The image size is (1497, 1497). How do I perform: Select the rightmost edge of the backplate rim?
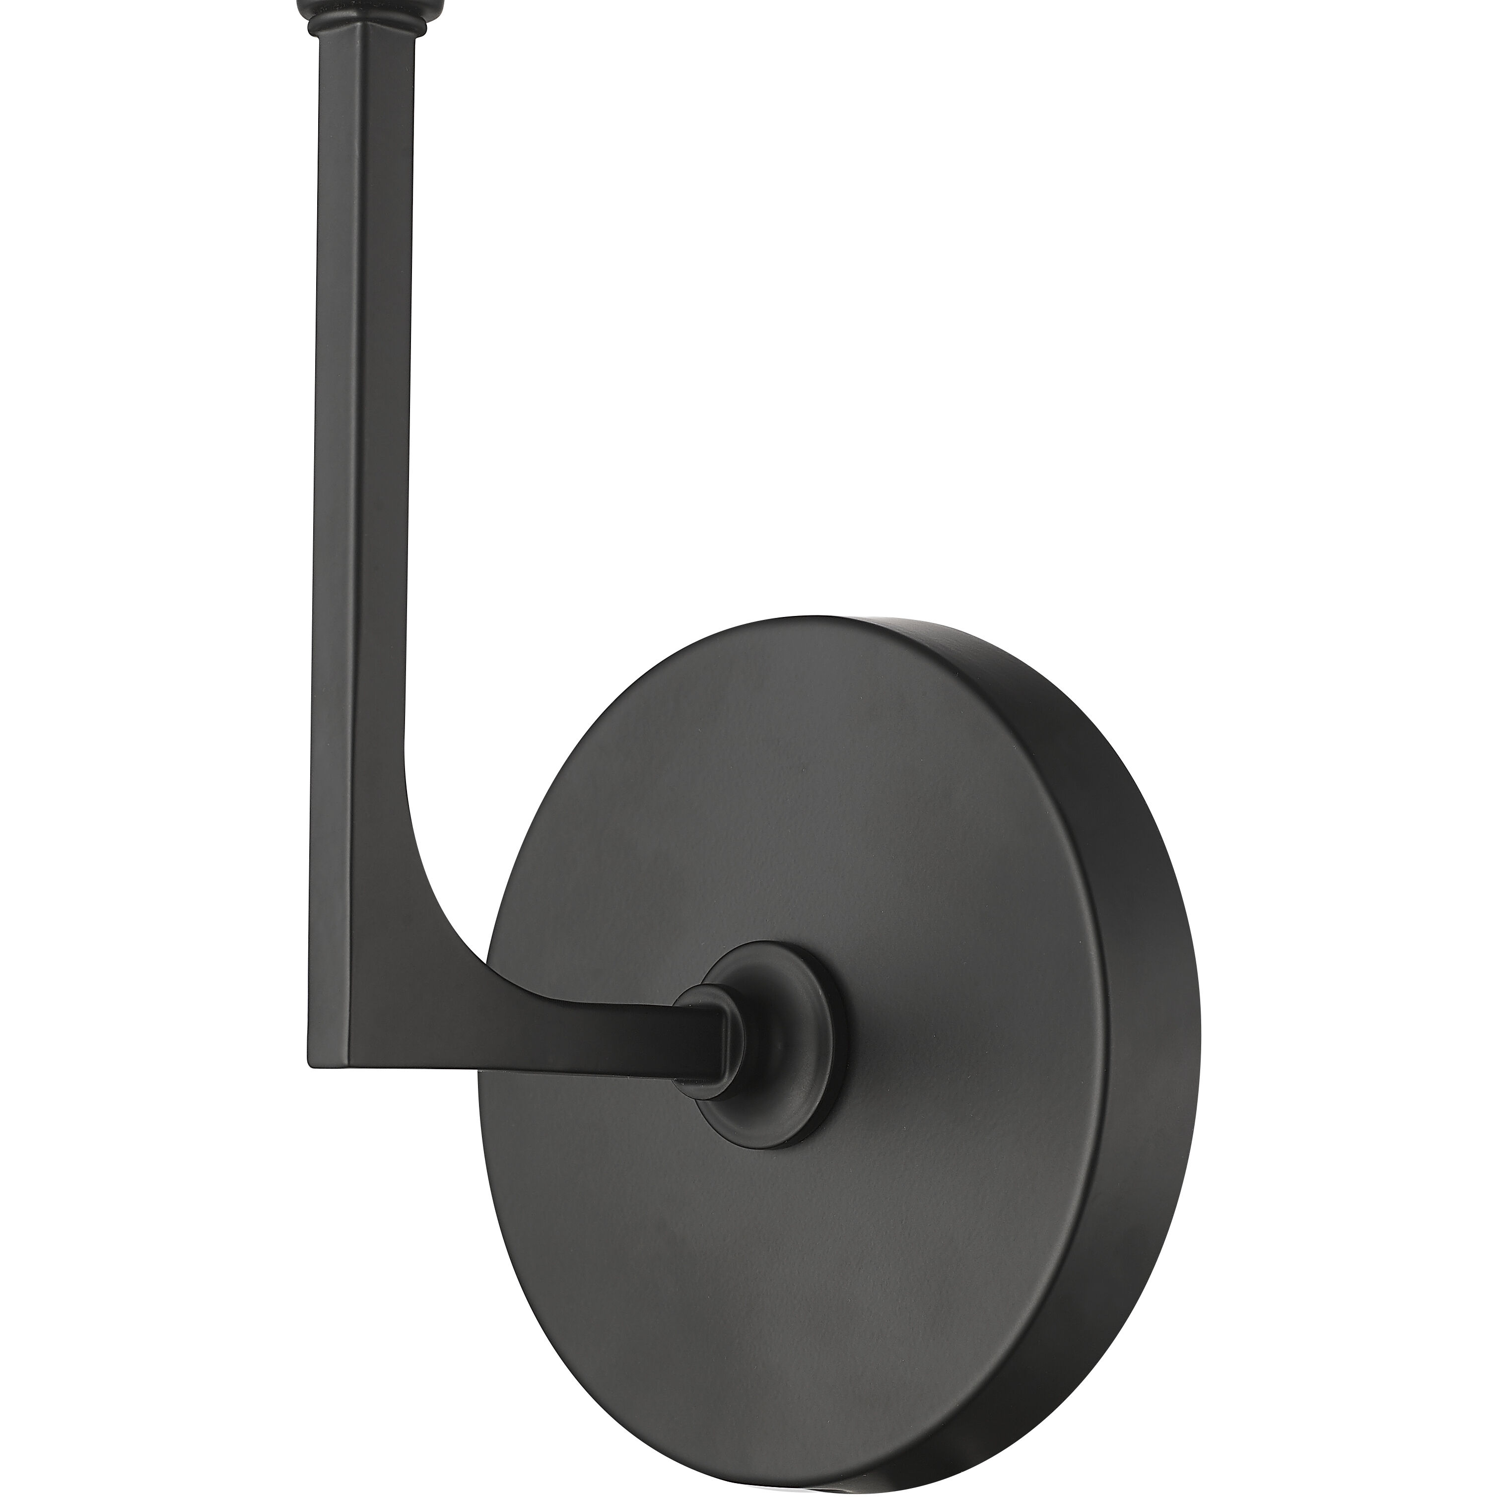(x=1200, y=1007)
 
